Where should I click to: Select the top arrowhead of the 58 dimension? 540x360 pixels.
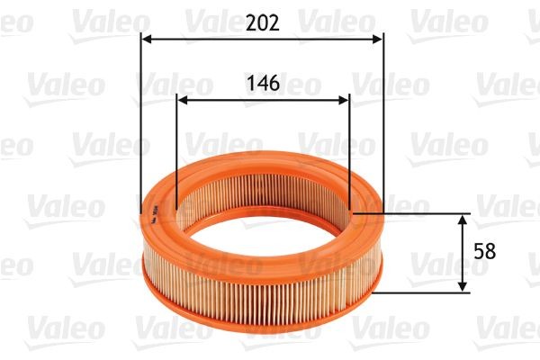click(x=463, y=220)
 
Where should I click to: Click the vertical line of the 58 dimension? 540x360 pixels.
click(x=463, y=253)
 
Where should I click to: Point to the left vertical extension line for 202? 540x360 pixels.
click(x=142, y=126)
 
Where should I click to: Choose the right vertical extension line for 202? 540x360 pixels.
click(x=383, y=126)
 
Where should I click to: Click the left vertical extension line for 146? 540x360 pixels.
click(x=176, y=153)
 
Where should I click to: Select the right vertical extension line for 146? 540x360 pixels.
click(x=349, y=153)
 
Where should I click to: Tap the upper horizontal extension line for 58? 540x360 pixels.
click(x=414, y=213)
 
